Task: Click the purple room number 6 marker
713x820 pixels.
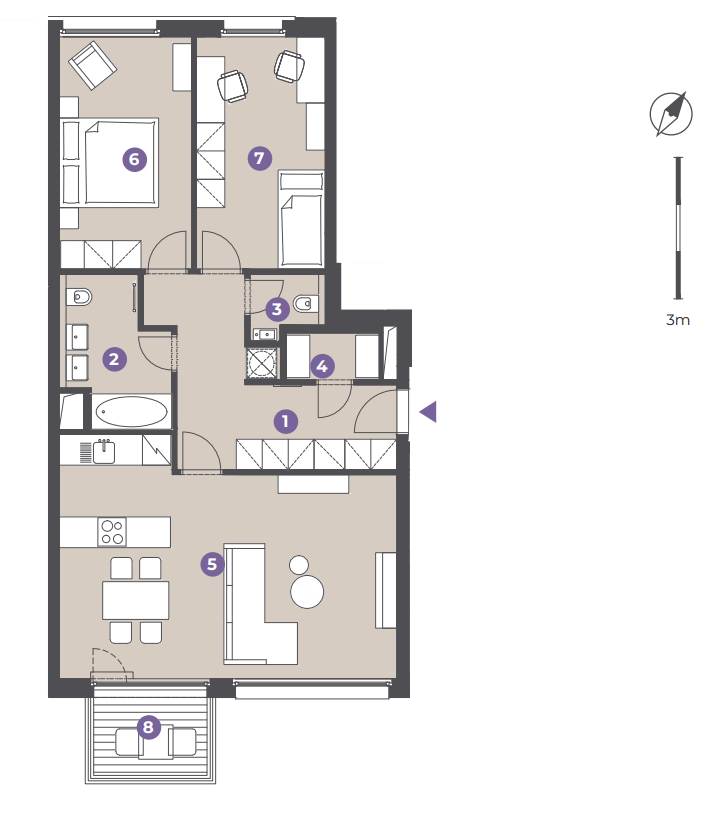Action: coord(134,159)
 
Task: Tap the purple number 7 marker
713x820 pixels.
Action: coord(259,158)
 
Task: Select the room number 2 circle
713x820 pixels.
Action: coord(114,359)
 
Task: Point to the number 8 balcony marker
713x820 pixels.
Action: coord(149,727)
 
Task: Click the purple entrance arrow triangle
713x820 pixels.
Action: coord(429,412)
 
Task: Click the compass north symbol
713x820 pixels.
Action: coord(671,114)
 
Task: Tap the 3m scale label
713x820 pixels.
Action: coord(678,320)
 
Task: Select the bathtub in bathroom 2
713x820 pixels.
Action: coord(132,412)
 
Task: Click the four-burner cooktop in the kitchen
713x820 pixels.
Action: coord(112,532)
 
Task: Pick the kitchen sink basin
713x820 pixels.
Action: coord(104,452)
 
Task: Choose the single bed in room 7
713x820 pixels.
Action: coord(301,219)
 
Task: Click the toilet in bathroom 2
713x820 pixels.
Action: coord(79,297)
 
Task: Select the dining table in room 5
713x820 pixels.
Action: coord(135,600)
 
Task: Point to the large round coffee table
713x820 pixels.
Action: coord(307,591)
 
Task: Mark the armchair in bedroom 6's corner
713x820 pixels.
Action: coord(93,66)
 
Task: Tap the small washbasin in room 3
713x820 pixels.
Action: coord(265,334)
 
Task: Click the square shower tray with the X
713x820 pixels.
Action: coord(262,362)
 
